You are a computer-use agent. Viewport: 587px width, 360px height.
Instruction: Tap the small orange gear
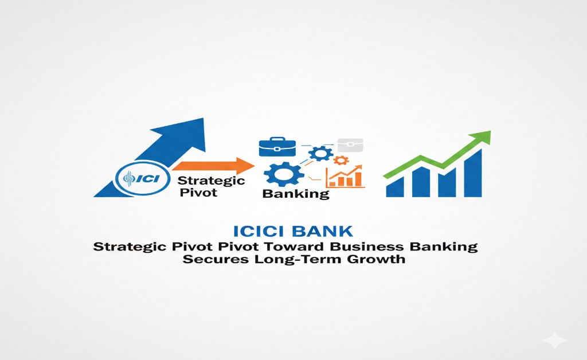(341, 161)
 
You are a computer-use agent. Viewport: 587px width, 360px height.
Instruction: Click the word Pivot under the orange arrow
(198, 193)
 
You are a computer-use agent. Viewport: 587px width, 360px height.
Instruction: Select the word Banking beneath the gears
(296, 194)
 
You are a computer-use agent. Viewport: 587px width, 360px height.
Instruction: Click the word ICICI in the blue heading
(261, 231)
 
